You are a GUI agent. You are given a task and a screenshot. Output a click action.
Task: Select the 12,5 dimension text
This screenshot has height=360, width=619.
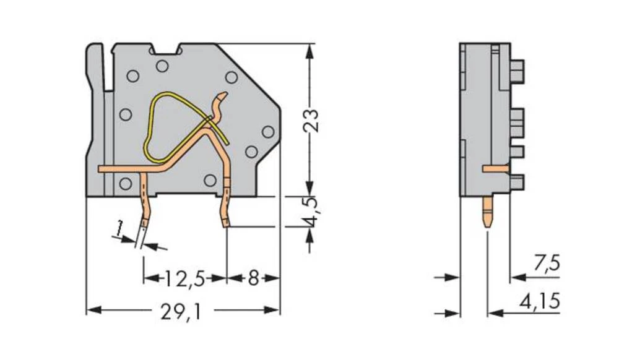tap(184, 279)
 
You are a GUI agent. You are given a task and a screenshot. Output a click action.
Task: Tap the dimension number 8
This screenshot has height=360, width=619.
tap(253, 279)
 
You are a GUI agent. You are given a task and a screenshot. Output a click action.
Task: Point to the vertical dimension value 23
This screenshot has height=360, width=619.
tap(310, 121)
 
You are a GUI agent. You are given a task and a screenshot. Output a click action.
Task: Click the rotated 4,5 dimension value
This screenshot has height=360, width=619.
tap(310, 212)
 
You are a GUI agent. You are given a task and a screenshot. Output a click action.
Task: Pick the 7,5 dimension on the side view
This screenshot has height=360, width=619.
tap(547, 264)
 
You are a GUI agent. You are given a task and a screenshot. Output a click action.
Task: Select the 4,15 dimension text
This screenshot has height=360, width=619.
tap(540, 302)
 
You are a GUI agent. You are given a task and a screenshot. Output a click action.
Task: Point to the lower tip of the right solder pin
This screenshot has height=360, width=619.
tap(226, 226)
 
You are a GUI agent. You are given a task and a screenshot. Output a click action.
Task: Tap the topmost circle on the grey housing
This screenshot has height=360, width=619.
tap(162, 66)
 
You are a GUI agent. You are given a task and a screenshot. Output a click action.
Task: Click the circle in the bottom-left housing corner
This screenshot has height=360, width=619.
tap(125, 183)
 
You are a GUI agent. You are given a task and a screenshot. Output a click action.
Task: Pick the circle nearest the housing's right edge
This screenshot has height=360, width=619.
tap(268, 132)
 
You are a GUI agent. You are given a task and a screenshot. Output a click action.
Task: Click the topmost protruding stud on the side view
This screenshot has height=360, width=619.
tap(517, 72)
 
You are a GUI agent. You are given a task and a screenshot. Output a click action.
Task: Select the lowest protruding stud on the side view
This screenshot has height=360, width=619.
tap(517, 182)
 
